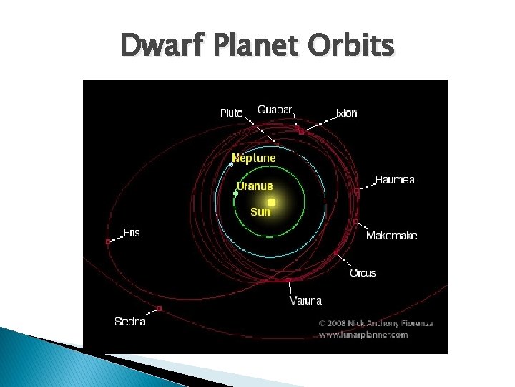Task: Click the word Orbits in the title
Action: coord(350,46)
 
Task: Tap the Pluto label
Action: coord(231,113)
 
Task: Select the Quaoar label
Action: coord(275,110)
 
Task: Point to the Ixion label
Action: coord(346,113)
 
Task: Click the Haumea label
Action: coord(395,180)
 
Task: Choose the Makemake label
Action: coord(391,236)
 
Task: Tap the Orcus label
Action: coord(363,273)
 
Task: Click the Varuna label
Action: coord(305,300)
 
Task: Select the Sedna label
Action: coord(130,322)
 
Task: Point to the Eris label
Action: coord(132,233)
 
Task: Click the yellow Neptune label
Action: coord(253,158)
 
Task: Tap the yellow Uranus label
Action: coord(255,186)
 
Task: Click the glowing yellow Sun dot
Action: coord(271,202)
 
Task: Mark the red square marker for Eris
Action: coord(108,242)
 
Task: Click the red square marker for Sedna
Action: coord(159,309)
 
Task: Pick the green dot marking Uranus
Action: coord(235,193)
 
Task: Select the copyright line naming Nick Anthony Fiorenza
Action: coord(376,323)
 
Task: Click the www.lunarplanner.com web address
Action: coord(363,335)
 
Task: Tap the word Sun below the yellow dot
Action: coord(260,212)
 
